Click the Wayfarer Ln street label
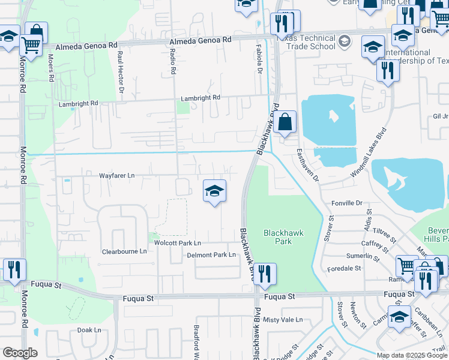(x=117, y=175)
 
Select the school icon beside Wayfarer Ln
(x=214, y=192)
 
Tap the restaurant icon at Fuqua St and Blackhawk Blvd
(x=265, y=275)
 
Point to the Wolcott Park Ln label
(x=177, y=243)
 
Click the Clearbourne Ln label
(x=124, y=251)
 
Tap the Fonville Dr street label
(x=348, y=203)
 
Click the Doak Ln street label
(x=89, y=330)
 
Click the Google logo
(x=20, y=353)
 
